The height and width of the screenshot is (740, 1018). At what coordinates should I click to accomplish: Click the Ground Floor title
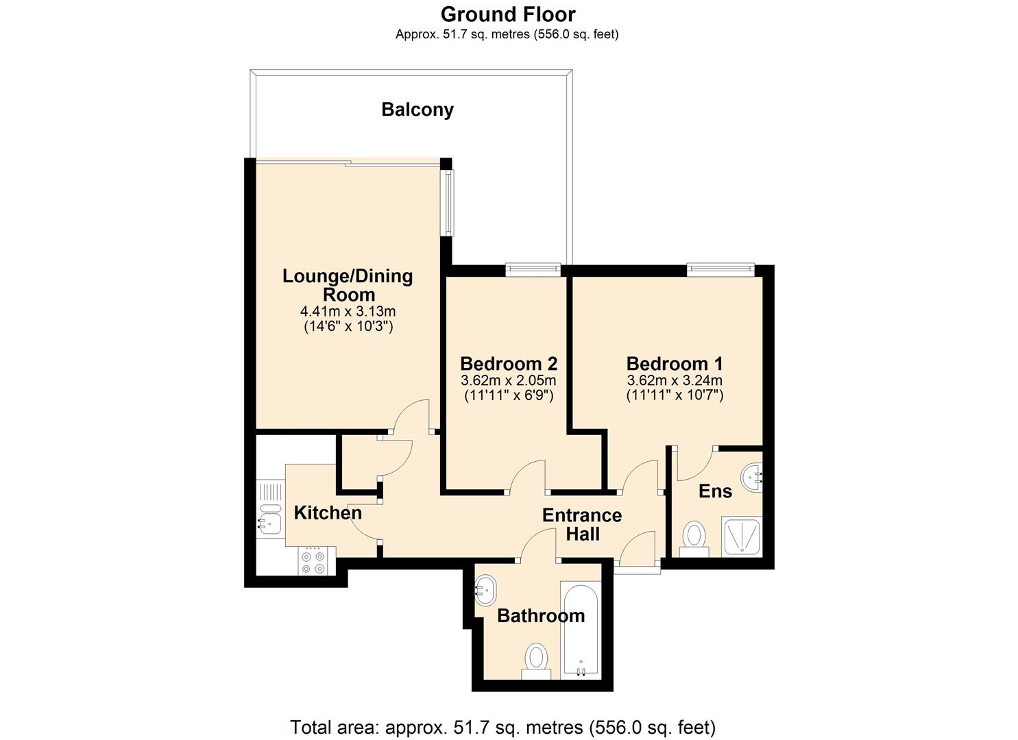(x=508, y=14)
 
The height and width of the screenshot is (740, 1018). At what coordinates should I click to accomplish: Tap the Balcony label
(x=417, y=110)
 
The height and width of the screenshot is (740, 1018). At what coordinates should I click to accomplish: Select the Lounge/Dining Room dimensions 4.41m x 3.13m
(x=348, y=312)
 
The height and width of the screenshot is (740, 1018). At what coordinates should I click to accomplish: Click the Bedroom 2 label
(x=508, y=363)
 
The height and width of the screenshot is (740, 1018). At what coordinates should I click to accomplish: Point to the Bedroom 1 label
(x=675, y=363)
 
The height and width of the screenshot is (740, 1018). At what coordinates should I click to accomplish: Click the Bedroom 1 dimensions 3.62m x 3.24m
(x=675, y=380)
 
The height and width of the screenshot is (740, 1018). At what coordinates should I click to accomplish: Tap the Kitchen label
(x=328, y=513)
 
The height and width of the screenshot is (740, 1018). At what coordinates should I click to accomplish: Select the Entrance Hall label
(x=582, y=524)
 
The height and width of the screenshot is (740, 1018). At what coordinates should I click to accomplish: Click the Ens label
(x=715, y=491)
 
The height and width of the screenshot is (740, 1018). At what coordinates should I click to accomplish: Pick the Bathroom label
(x=541, y=615)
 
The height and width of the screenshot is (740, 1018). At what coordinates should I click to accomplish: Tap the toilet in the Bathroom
(x=536, y=661)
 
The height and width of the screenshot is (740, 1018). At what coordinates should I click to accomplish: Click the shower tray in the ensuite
(x=741, y=536)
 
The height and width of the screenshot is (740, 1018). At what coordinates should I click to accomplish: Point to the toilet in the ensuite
(x=694, y=538)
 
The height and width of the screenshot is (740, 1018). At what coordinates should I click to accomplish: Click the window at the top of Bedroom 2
(x=533, y=270)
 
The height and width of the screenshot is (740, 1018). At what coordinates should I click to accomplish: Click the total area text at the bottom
(x=502, y=727)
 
